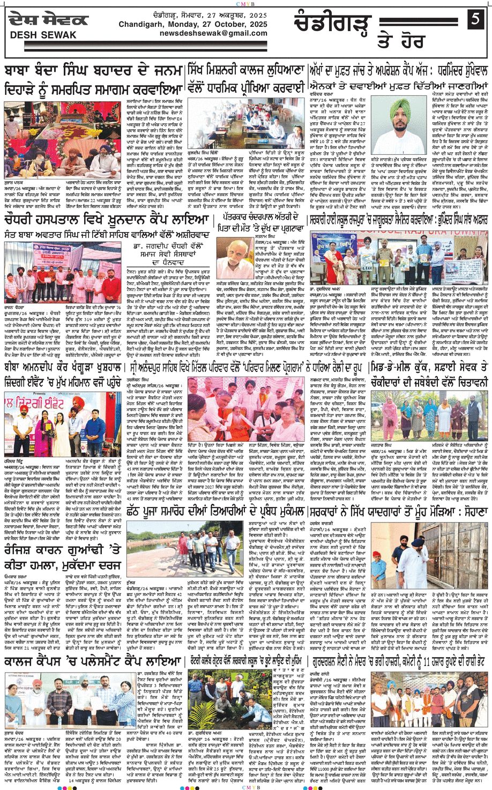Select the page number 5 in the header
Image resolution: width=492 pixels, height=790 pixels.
point(474,20)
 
